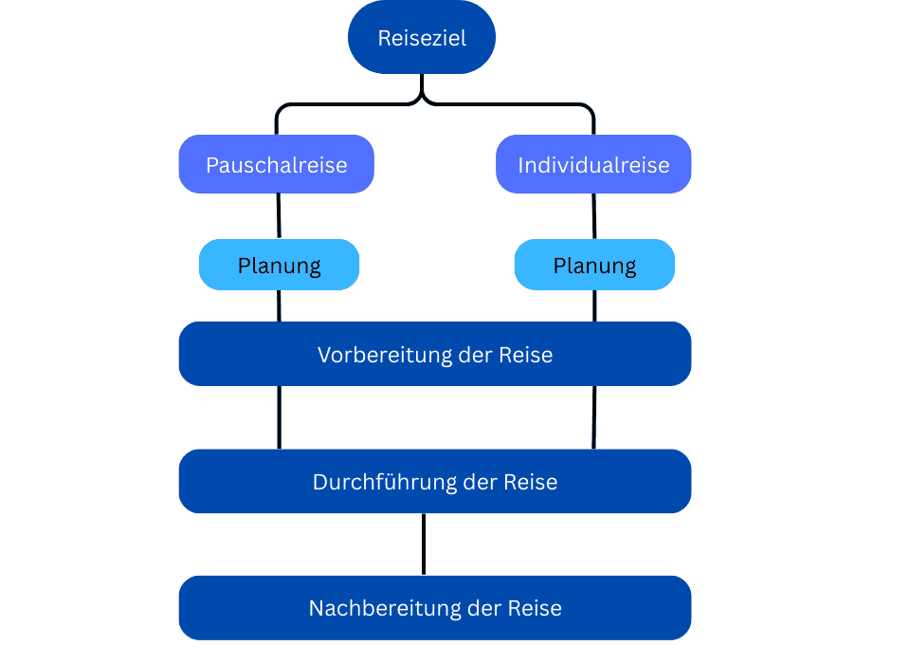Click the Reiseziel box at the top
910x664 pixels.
pos(422,38)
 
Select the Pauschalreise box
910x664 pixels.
pos(277,165)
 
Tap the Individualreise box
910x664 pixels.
pos(593,165)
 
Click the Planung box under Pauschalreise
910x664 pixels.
pos(279,265)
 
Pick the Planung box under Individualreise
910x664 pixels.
pos(594,265)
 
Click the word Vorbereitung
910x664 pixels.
pos(371,355)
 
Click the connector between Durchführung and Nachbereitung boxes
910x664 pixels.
pos(423,544)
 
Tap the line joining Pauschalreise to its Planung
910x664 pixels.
pos(278,216)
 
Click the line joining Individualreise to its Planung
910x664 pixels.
pos(594,216)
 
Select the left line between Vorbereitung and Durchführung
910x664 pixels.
pos(279,417)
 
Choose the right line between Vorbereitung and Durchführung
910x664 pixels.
pos(594,417)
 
